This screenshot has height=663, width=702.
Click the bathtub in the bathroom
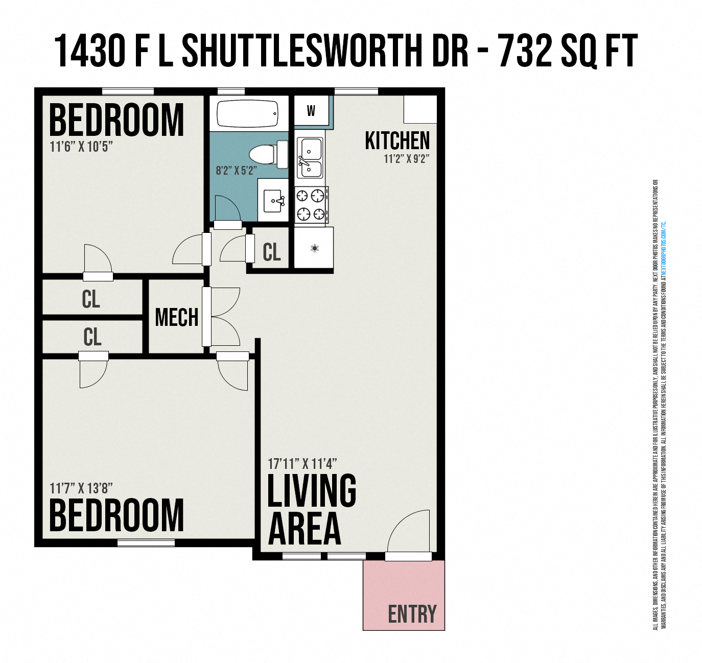247,113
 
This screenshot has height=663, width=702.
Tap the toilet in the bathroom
269,155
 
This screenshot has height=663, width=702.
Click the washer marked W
311,110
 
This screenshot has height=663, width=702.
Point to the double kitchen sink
310,158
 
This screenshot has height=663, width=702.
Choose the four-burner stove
311,204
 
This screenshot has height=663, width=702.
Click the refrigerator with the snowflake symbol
314,248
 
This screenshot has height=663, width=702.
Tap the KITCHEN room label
397,140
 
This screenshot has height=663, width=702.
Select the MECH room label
176,317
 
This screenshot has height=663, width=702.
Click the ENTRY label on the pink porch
412,614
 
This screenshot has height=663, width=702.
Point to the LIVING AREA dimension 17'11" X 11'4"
302,464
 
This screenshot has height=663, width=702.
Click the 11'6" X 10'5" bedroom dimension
81,147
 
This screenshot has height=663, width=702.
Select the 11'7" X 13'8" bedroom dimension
81,488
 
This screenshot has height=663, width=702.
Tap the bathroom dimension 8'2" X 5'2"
236,170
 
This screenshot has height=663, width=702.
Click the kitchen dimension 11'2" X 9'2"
406,159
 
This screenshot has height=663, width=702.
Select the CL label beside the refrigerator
271,252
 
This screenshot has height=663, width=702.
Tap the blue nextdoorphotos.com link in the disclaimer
664,250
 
